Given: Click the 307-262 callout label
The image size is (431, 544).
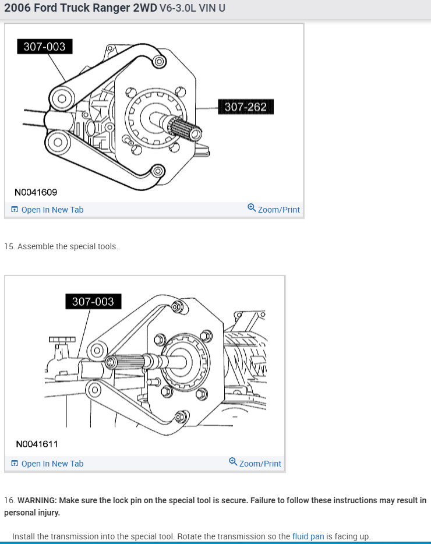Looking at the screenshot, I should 245,107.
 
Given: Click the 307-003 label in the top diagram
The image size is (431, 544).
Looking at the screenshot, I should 44,47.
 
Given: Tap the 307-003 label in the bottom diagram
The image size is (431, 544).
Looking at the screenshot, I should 93,301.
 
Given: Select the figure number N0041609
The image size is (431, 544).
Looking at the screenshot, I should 36,192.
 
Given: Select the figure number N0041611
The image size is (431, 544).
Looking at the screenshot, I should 37,444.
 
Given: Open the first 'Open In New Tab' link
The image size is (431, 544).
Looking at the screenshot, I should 52,210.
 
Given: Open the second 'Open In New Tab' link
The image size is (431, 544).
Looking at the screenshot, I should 52,464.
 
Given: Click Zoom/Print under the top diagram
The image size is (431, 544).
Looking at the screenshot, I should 278,210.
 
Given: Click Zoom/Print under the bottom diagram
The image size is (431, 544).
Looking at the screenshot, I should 260,464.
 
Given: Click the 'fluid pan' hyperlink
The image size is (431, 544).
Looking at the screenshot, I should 308,536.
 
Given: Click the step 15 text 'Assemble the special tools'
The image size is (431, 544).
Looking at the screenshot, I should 68,246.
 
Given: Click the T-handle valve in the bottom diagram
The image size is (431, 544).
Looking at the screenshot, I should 58,340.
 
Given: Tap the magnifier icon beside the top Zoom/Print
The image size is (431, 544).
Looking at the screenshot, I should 251,208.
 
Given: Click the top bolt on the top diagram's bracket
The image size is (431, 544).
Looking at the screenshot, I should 158,60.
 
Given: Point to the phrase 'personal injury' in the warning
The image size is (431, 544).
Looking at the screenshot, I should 31,513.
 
